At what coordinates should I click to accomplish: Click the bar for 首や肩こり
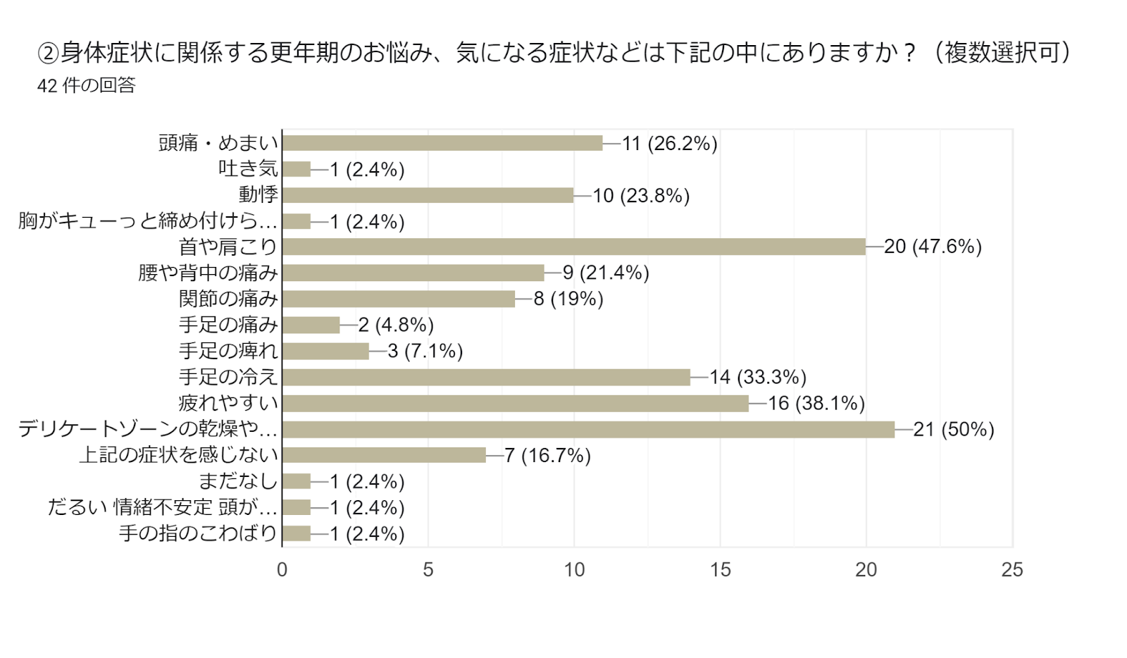coord(573,247)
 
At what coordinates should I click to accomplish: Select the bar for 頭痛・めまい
coord(442,143)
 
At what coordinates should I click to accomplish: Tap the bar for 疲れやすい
coord(515,403)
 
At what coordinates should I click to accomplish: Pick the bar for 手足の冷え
coord(486,377)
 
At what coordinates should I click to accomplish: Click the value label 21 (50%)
coord(954,429)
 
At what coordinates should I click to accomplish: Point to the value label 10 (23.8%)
coord(641,195)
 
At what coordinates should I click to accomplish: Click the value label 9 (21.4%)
coord(606,273)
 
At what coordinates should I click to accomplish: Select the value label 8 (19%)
coord(568,299)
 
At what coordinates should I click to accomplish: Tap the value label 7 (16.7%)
coord(547,456)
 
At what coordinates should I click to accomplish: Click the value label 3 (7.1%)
coord(425,351)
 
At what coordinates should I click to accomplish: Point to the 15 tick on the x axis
coord(720,570)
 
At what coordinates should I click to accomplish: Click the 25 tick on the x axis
coord(1011,570)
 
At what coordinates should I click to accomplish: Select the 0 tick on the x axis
coord(282,570)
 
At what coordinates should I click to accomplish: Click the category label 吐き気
coord(248,168)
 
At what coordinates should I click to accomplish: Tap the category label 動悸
coord(259,194)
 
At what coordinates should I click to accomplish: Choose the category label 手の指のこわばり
coord(198,533)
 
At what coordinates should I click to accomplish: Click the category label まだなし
coord(238,481)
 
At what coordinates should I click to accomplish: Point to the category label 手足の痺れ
coord(228,351)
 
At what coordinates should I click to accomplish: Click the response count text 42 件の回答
coord(86,85)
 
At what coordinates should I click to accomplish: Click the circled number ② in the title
coord(47,53)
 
